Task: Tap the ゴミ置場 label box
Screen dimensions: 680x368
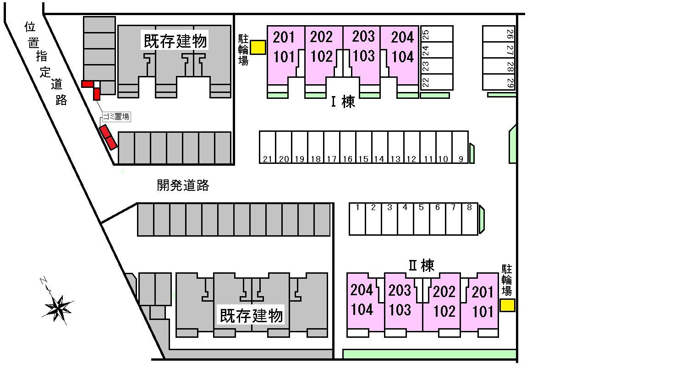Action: click(x=116, y=117)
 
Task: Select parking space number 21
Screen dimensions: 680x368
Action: click(x=268, y=147)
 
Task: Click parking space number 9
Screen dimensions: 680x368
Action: click(x=460, y=147)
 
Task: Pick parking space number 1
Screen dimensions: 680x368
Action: click(x=357, y=219)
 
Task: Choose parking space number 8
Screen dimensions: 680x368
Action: click(x=470, y=219)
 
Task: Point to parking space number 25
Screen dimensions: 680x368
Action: click(x=437, y=34)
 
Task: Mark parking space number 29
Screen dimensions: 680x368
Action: click(x=499, y=82)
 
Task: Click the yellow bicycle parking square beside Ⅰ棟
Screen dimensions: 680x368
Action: click(x=258, y=48)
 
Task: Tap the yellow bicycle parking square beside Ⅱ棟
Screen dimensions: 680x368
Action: click(x=508, y=305)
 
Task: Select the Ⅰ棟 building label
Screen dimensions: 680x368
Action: click(x=343, y=102)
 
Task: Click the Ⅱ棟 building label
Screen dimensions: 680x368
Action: click(x=422, y=265)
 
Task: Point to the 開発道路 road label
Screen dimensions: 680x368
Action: click(x=183, y=185)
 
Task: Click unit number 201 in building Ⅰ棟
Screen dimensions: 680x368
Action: click(x=284, y=38)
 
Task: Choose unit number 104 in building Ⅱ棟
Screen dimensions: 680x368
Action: click(x=362, y=309)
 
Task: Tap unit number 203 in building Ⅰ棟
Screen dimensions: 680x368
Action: click(x=363, y=37)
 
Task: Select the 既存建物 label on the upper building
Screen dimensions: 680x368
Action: click(x=175, y=41)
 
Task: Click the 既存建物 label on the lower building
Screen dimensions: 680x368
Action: click(x=252, y=315)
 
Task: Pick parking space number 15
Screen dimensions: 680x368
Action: click(x=364, y=147)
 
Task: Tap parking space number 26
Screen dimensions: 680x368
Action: click(x=499, y=34)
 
